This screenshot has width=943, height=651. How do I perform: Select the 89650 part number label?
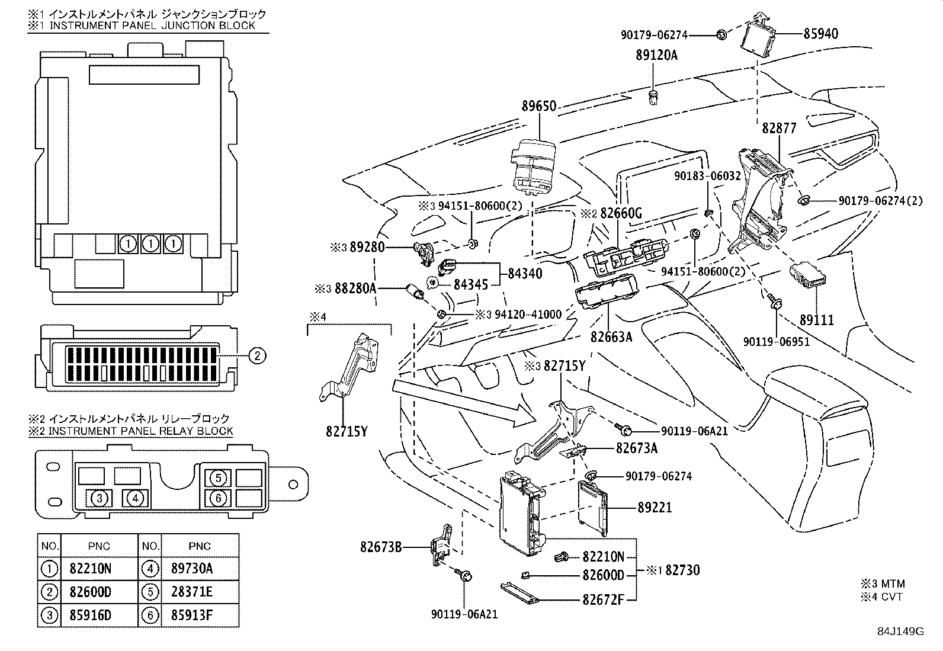point(538,106)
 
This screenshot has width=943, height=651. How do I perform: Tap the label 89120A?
point(656,55)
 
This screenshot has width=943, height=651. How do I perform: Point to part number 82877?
point(779,128)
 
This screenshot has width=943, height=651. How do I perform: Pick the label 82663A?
point(611,336)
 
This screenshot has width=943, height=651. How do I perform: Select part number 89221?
point(655,508)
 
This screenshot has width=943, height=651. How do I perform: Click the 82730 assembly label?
point(682,570)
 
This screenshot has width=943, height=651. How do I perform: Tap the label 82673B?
point(381,547)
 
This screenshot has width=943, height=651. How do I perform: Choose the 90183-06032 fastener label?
point(707,176)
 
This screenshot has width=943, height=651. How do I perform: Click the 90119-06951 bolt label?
point(776,342)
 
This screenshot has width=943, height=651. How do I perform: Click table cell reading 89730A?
point(192,569)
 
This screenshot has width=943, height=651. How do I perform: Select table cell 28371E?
point(192,592)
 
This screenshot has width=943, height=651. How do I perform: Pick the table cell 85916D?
point(91,615)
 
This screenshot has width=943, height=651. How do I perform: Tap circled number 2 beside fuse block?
point(256,355)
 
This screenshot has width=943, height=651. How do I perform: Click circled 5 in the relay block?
point(218,477)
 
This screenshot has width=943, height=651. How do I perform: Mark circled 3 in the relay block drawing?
point(100,498)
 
